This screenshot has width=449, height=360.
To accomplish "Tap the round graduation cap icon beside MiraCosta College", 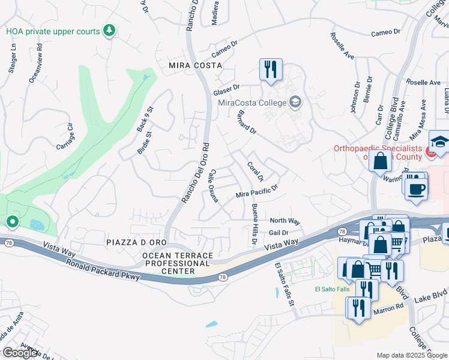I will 295,102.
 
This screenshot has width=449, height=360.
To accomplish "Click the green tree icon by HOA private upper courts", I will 109,30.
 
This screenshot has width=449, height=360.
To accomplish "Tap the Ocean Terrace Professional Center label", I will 177,263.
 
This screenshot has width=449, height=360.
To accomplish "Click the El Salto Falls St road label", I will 285,286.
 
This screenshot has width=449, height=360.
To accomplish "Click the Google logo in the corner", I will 20,353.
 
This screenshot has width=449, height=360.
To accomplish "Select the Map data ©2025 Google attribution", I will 411,355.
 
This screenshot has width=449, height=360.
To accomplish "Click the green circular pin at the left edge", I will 12,223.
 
